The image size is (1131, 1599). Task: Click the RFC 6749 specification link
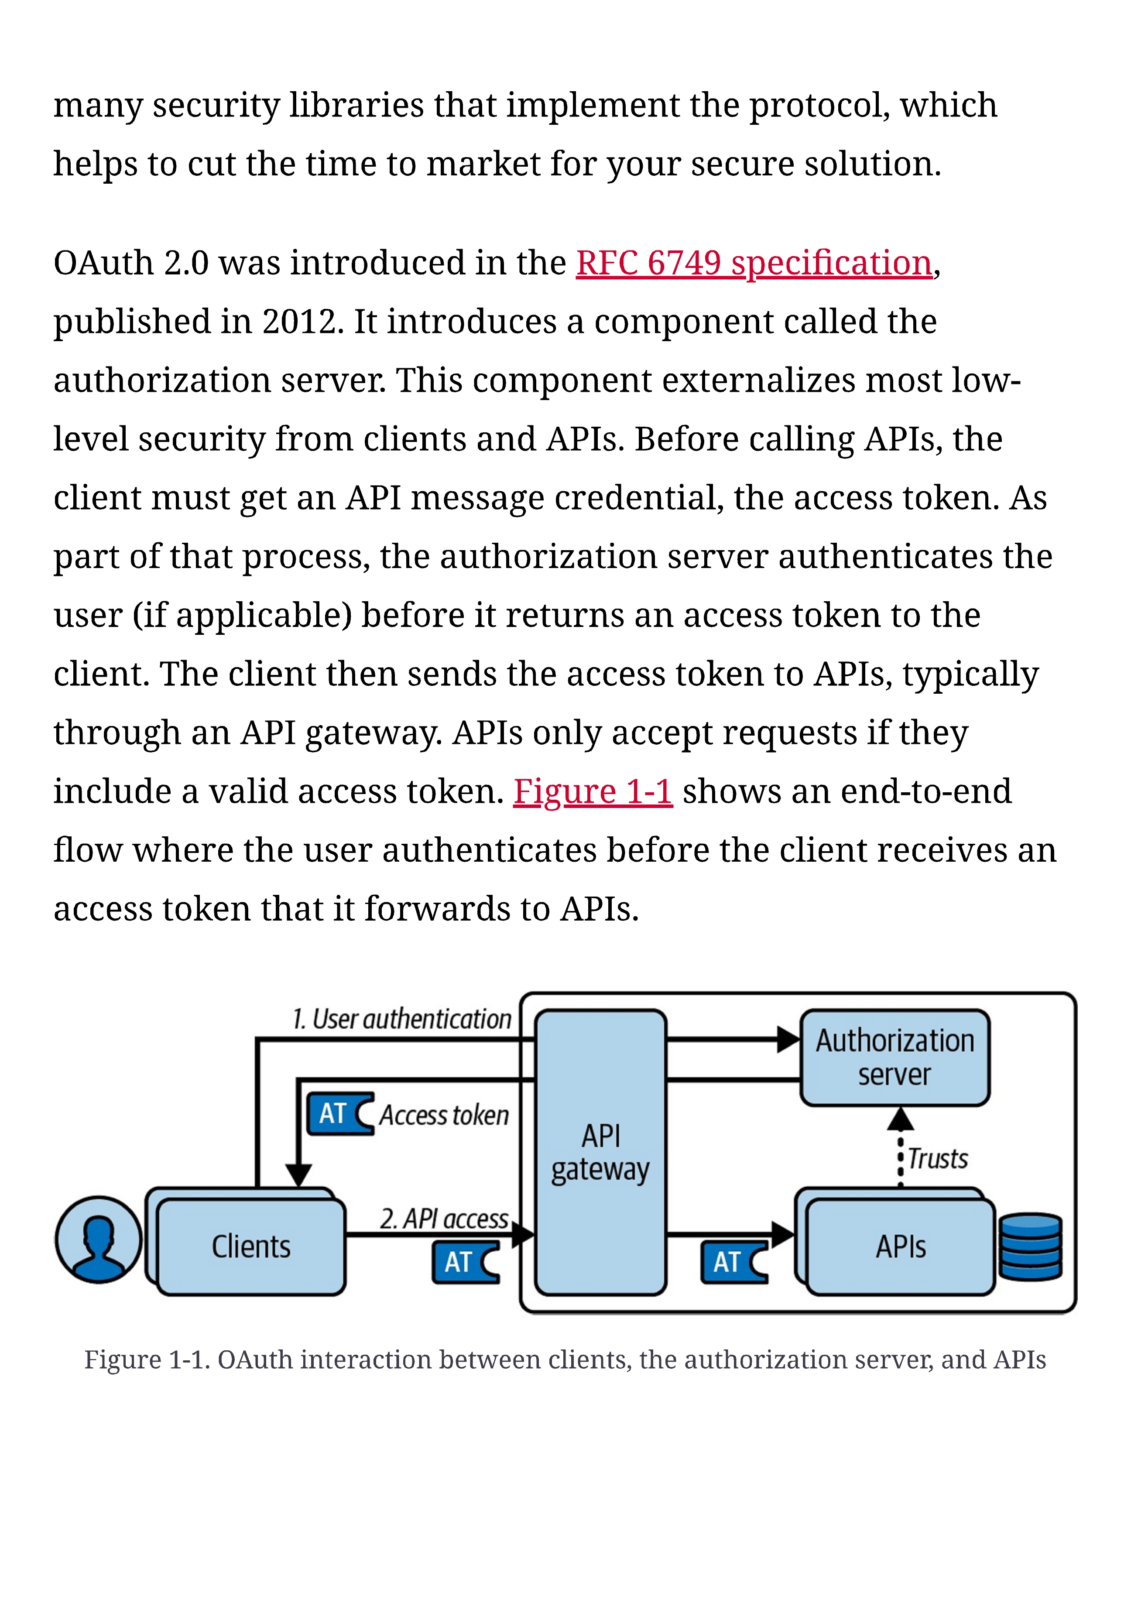pos(754,264)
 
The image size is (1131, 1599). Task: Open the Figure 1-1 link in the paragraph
pos(593,792)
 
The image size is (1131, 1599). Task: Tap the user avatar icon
pos(98,1239)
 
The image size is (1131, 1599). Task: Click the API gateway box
pos(600,1153)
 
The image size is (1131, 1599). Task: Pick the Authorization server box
pos(895,1057)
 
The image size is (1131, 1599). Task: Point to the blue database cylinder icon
pos(1031,1246)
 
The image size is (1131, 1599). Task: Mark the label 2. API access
pos(444,1219)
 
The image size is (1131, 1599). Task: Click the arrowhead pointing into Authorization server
pos(789,1040)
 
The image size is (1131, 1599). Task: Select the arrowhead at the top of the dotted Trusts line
pos(901,1119)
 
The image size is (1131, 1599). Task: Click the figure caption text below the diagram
pos(565,1359)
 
